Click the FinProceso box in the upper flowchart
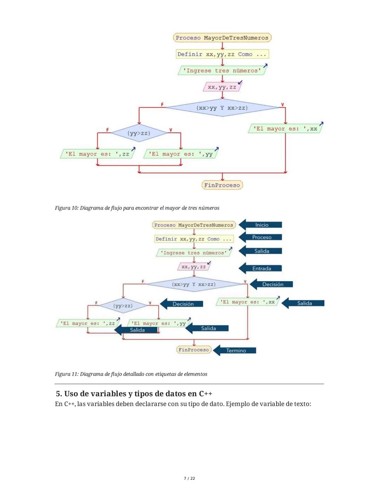tap(222, 185)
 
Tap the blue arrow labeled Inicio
tap(261, 225)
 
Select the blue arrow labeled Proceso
tap(261, 237)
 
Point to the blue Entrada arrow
tap(261, 269)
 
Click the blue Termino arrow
tap(235, 350)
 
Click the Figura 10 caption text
tap(137, 208)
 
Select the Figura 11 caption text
tap(131, 374)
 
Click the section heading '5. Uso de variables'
tap(134, 394)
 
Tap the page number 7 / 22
tap(189, 478)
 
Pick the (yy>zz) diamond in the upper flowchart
tap(139, 133)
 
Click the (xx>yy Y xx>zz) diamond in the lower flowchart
tap(194, 284)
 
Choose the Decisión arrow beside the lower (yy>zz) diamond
tap(182, 304)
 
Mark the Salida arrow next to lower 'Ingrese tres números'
tap(261, 251)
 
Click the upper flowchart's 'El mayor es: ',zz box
tap(97, 154)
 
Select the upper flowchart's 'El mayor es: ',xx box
tap(285, 129)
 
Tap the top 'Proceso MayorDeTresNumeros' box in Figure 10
tap(222, 38)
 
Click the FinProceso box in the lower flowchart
tap(194, 350)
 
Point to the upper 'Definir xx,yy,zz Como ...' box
tap(222, 54)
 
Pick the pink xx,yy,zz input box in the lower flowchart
tap(194, 267)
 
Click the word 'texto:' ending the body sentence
tap(302, 404)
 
